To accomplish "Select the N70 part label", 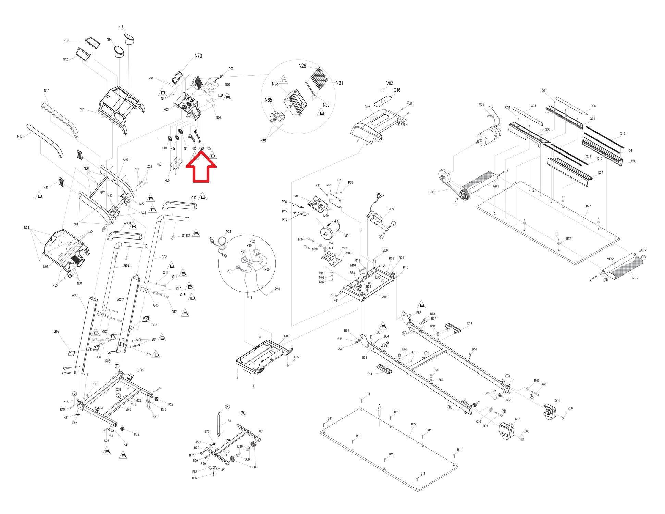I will (x=198, y=56).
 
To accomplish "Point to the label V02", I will (x=390, y=83).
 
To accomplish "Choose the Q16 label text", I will (x=397, y=90).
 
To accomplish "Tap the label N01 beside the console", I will (x=82, y=109).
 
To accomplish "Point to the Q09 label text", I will (x=140, y=370).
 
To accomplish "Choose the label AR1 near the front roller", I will (x=495, y=187).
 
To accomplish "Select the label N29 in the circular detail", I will (x=302, y=66).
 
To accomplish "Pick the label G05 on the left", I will (x=56, y=332).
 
